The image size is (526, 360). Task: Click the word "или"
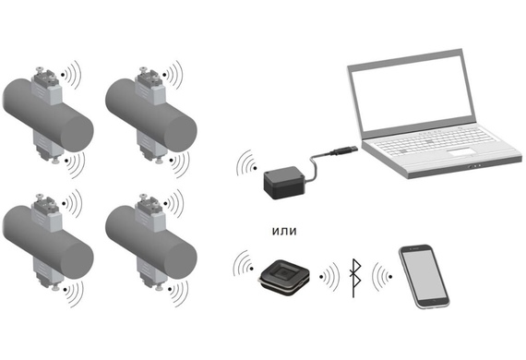tap(284, 231)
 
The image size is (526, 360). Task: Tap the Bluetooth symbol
tap(355, 278)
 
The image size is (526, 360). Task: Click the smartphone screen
tap(424, 275)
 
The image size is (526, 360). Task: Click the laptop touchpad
tap(461, 152)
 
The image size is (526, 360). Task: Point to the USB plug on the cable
tap(343, 150)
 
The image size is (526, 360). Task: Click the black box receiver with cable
tap(285, 182)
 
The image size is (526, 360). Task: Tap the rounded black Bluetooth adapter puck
tap(284, 278)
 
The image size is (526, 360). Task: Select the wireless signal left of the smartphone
tap(382, 276)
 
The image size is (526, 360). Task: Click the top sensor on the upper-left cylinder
tap(46, 86)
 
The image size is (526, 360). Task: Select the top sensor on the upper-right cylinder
tap(149, 86)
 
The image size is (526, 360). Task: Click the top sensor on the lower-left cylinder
tap(46, 213)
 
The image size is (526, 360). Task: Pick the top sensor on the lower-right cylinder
tap(149, 213)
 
